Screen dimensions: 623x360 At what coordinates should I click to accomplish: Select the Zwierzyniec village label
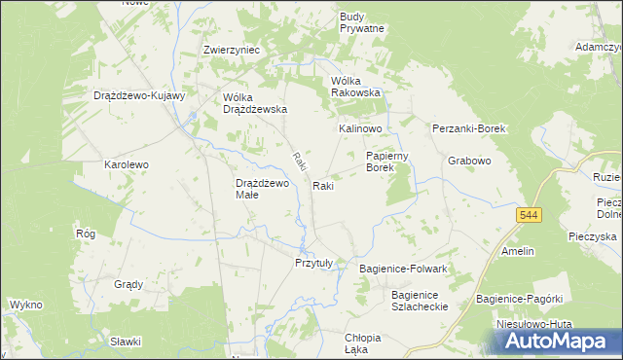tap(229, 50)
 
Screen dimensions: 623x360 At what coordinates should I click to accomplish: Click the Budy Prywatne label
tap(362, 22)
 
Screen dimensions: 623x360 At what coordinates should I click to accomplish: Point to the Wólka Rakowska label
tap(356, 87)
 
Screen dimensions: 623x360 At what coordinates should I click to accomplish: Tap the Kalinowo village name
tap(360, 128)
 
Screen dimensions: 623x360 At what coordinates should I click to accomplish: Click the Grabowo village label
tap(468, 161)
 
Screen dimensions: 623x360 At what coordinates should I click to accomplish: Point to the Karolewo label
tap(127, 165)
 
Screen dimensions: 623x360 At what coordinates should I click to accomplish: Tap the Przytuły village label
tap(313, 263)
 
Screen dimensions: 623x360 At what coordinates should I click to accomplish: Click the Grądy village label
tap(128, 285)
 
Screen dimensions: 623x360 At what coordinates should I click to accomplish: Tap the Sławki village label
tap(126, 342)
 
